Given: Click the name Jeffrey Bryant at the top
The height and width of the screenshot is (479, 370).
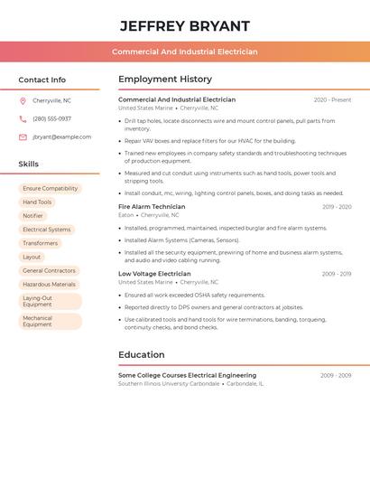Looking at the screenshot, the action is click(x=184, y=26).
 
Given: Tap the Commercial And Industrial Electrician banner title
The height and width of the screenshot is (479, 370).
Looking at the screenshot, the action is click(x=184, y=52).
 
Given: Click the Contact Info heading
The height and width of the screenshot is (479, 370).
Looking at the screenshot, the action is click(x=42, y=80).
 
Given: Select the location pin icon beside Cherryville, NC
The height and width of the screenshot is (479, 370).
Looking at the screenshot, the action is click(x=23, y=101).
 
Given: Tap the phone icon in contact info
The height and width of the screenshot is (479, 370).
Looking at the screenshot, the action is click(x=23, y=119).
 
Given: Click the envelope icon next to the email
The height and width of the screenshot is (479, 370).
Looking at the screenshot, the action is click(x=23, y=137).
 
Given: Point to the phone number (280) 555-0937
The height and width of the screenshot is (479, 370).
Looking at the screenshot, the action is click(x=51, y=119).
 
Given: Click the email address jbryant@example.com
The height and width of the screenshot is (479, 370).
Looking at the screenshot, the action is click(x=61, y=137).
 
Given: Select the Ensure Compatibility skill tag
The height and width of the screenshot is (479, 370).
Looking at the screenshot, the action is click(x=51, y=189).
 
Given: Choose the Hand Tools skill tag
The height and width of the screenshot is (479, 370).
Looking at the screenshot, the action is click(x=37, y=202).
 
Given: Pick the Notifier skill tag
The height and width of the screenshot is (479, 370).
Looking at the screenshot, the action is click(x=32, y=216).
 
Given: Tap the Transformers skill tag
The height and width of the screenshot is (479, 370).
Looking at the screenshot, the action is click(x=40, y=243).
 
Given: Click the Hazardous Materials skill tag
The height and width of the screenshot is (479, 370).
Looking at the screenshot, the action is click(x=49, y=285).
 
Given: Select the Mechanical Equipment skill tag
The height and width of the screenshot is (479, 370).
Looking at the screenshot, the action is click(x=38, y=322).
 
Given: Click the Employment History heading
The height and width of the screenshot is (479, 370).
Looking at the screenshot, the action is click(x=165, y=80).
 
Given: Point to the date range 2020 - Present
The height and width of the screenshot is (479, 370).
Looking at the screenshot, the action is click(x=332, y=100).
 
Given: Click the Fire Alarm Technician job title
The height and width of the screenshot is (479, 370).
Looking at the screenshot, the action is click(x=152, y=207).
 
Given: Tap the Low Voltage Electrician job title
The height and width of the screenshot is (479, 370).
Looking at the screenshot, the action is click(x=154, y=274).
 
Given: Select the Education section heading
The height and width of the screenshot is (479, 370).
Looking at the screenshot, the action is click(x=141, y=355).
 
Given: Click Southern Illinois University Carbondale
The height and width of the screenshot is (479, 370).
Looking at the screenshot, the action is click(x=169, y=384).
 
